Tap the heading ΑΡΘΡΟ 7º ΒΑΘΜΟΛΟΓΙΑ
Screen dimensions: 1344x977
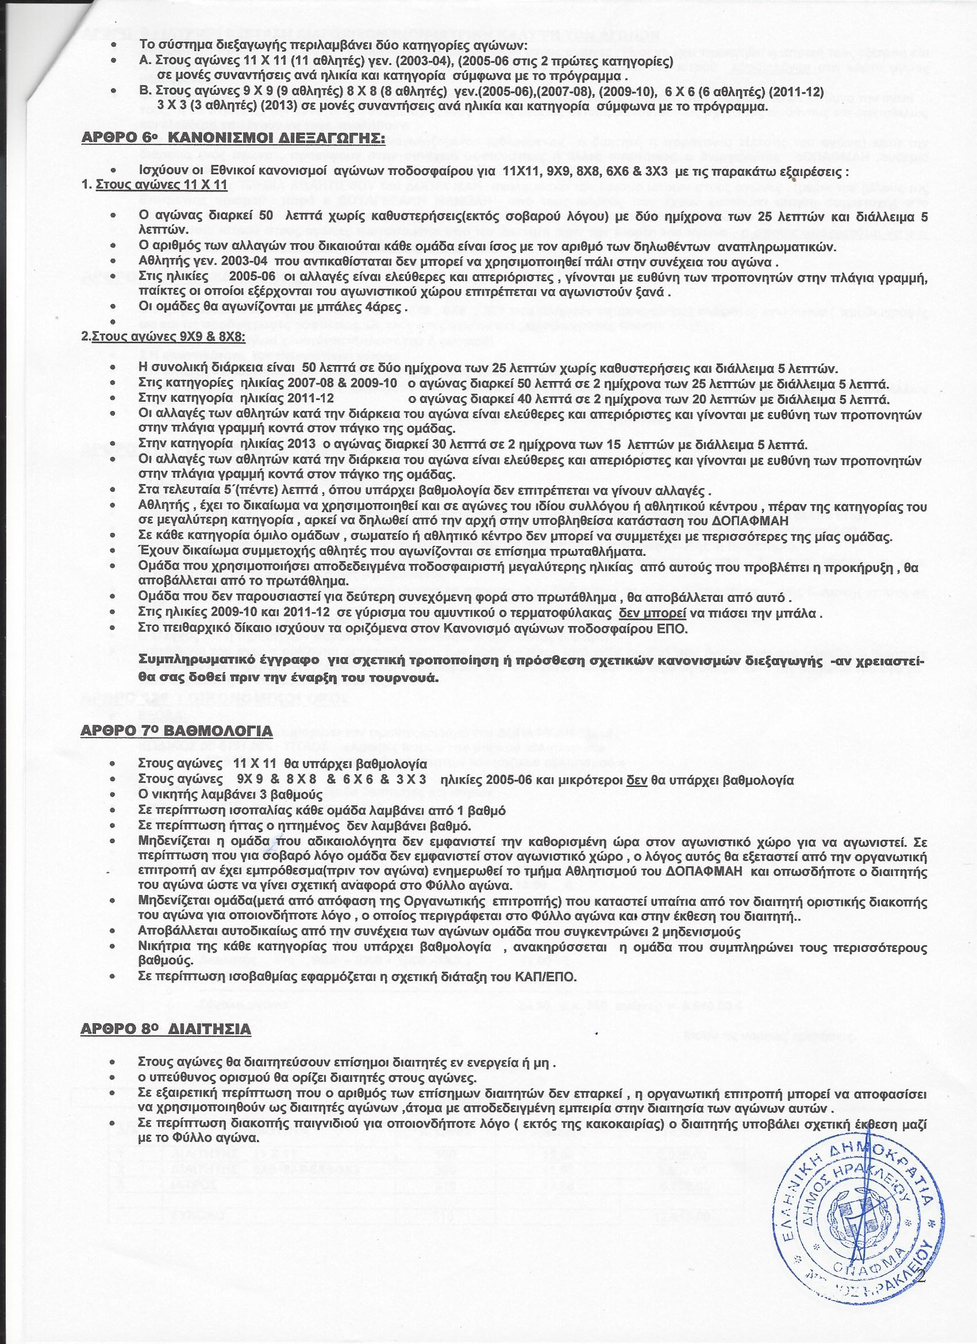click(x=176, y=731)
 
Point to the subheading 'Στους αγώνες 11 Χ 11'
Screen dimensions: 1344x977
click(x=161, y=185)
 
